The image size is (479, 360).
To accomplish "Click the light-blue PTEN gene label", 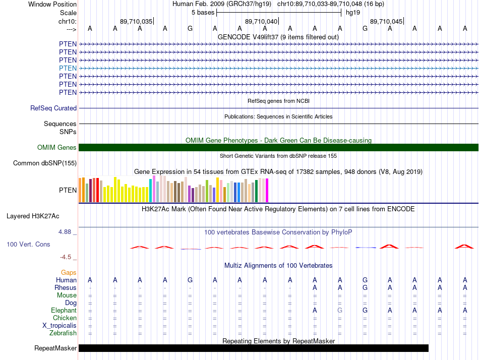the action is point(68,68).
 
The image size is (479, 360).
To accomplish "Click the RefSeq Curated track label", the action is point(53,108).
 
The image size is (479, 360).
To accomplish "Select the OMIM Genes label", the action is point(57,147).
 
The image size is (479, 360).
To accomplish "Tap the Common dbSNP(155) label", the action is point(45,163).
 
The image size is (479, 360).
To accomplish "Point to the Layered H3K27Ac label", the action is point(33,216).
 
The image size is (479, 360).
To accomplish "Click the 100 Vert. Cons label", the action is point(28,244).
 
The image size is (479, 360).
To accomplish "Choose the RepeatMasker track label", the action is point(55,348).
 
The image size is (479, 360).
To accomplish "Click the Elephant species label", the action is point(64,310).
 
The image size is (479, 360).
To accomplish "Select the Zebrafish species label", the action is point(63,333).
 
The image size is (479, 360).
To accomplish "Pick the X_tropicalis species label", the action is point(59,326).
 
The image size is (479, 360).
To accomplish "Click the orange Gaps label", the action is point(69,272).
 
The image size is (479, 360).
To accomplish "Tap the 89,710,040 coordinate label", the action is point(261,21).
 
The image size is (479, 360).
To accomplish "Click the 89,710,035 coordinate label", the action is point(136,21).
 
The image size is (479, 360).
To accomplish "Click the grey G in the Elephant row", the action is point(340,310).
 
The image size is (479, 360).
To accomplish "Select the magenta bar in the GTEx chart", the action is point(267,191).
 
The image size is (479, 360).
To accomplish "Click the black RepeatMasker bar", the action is point(254,348).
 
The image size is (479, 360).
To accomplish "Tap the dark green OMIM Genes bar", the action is point(279,147).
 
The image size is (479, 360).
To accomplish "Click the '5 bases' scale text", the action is point(203,13).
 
